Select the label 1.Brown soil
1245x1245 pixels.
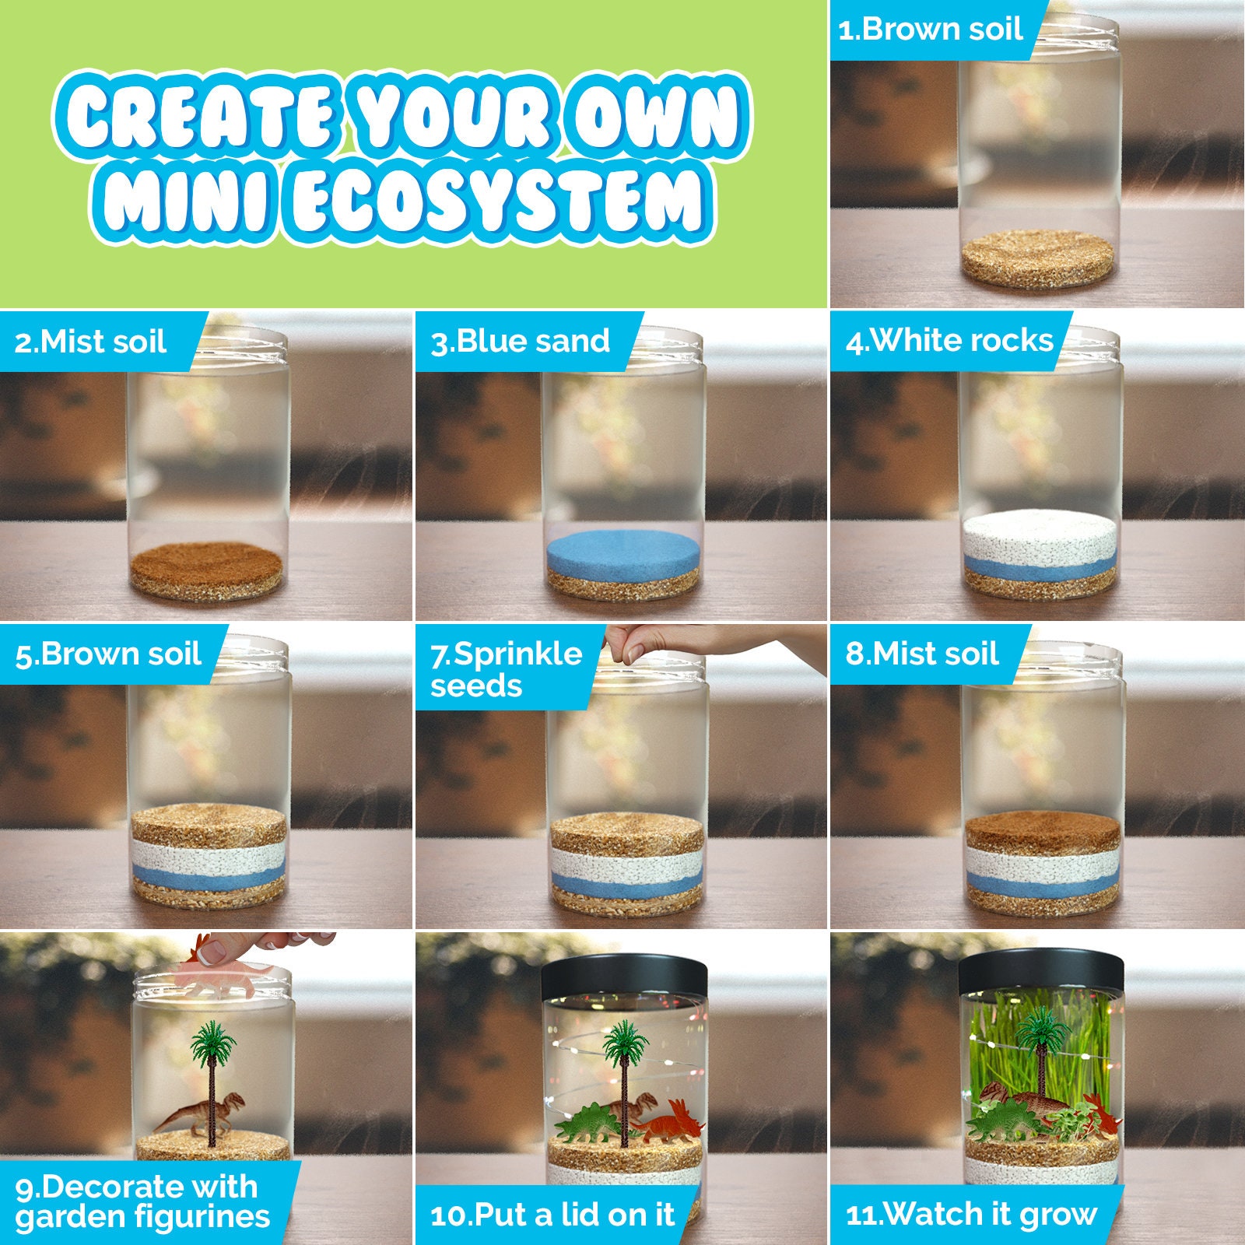coord(930,30)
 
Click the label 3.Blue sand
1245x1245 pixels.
coord(521,342)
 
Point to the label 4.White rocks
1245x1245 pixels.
coord(949,341)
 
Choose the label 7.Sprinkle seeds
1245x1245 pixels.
coord(506,669)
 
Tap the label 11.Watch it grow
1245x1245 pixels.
coord(971,1214)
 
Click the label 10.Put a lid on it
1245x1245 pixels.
coord(552,1215)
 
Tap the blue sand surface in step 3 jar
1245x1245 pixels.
coord(622,549)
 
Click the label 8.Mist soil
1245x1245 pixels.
coord(922,654)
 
